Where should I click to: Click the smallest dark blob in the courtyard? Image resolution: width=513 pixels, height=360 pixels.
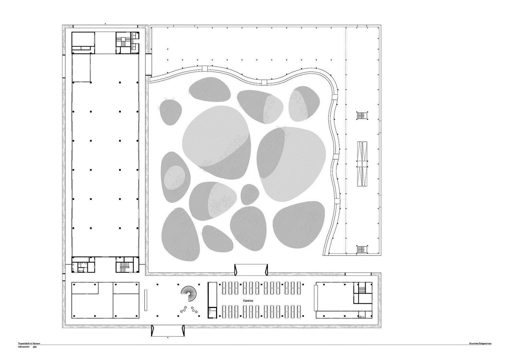(x=250, y=194)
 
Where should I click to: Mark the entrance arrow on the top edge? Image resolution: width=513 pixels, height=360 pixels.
(x=105, y=24)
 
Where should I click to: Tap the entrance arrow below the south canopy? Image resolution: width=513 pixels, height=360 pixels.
(x=168, y=337)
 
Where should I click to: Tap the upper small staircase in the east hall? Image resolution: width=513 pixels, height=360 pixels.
(x=362, y=116)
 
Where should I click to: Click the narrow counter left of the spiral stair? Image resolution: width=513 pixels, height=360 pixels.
(x=145, y=300)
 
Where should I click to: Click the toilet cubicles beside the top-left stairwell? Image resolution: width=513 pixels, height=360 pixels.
(x=134, y=41)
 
